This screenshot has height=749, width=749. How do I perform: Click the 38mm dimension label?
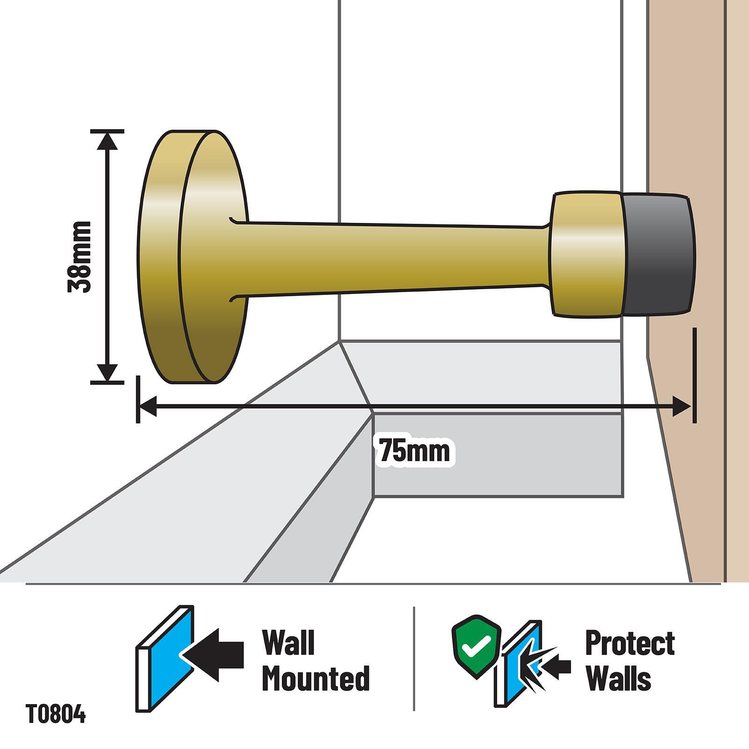pos(79,257)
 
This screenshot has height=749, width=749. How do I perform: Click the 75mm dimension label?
pos(414,450)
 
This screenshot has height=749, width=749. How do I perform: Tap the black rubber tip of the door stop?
pos(658,255)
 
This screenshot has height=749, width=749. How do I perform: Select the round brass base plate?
pos(192,257)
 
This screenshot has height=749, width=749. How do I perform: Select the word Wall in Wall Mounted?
pos(288,643)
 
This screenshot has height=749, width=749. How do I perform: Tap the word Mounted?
pos(316,678)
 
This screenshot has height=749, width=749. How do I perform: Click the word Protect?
pos(630,643)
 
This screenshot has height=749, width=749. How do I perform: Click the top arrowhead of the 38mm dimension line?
pos(108,140)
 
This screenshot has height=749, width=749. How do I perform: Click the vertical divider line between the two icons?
pos(414,659)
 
